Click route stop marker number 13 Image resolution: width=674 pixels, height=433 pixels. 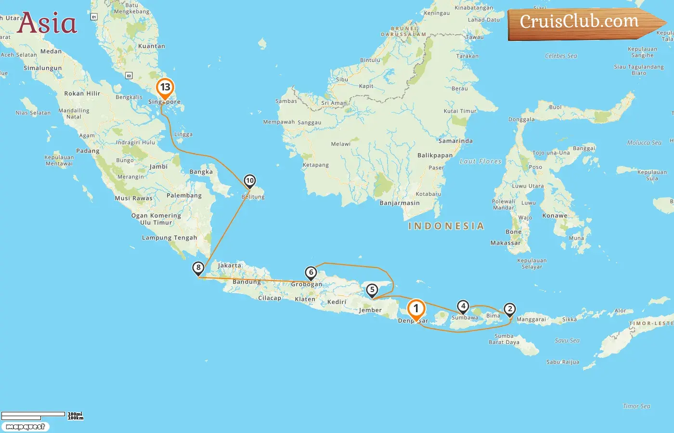165,88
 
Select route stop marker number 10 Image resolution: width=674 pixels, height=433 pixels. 249,181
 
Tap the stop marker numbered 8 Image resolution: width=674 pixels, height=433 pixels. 198,268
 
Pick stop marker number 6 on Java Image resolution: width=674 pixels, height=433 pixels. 311,273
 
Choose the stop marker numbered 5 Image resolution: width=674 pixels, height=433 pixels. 372,290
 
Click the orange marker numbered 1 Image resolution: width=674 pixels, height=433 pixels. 416,309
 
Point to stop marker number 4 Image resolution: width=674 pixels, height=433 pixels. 463,306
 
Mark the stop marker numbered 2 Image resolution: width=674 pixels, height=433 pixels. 509,309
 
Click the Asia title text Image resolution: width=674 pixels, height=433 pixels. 47,23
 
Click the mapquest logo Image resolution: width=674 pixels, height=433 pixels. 25,426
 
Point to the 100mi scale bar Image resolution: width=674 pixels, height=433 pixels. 33,414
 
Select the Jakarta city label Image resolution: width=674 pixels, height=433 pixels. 230,266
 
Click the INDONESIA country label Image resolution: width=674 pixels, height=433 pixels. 446,226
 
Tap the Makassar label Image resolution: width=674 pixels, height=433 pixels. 505,243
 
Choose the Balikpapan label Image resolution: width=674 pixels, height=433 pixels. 435,155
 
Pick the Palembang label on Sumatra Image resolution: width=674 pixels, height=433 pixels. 184,195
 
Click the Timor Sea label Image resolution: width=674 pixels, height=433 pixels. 636,407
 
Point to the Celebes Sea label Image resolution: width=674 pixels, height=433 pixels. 561,56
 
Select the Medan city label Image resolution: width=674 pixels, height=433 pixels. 51,51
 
